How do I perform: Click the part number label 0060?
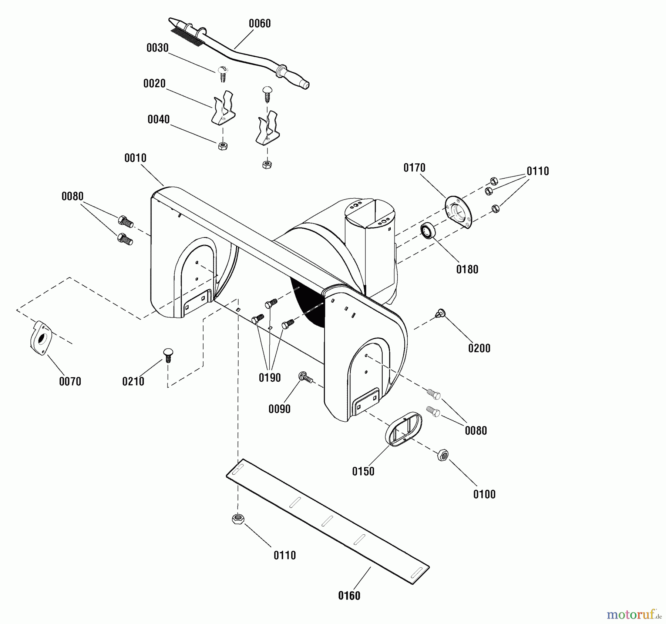click(x=259, y=24)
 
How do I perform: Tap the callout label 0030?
click(x=157, y=48)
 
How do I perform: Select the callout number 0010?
click(x=135, y=158)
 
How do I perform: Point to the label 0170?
click(x=414, y=168)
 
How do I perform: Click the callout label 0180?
click(x=467, y=269)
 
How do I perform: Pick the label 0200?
click(x=479, y=348)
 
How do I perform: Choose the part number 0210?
click(x=133, y=381)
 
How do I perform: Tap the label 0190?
click(x=269, y=378)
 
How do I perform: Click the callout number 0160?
click(x=349, y=596)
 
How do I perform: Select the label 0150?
click(x=363, y=471)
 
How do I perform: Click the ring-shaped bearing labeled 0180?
click(x=428, y=231)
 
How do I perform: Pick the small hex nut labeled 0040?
click(x=223, y=146)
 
